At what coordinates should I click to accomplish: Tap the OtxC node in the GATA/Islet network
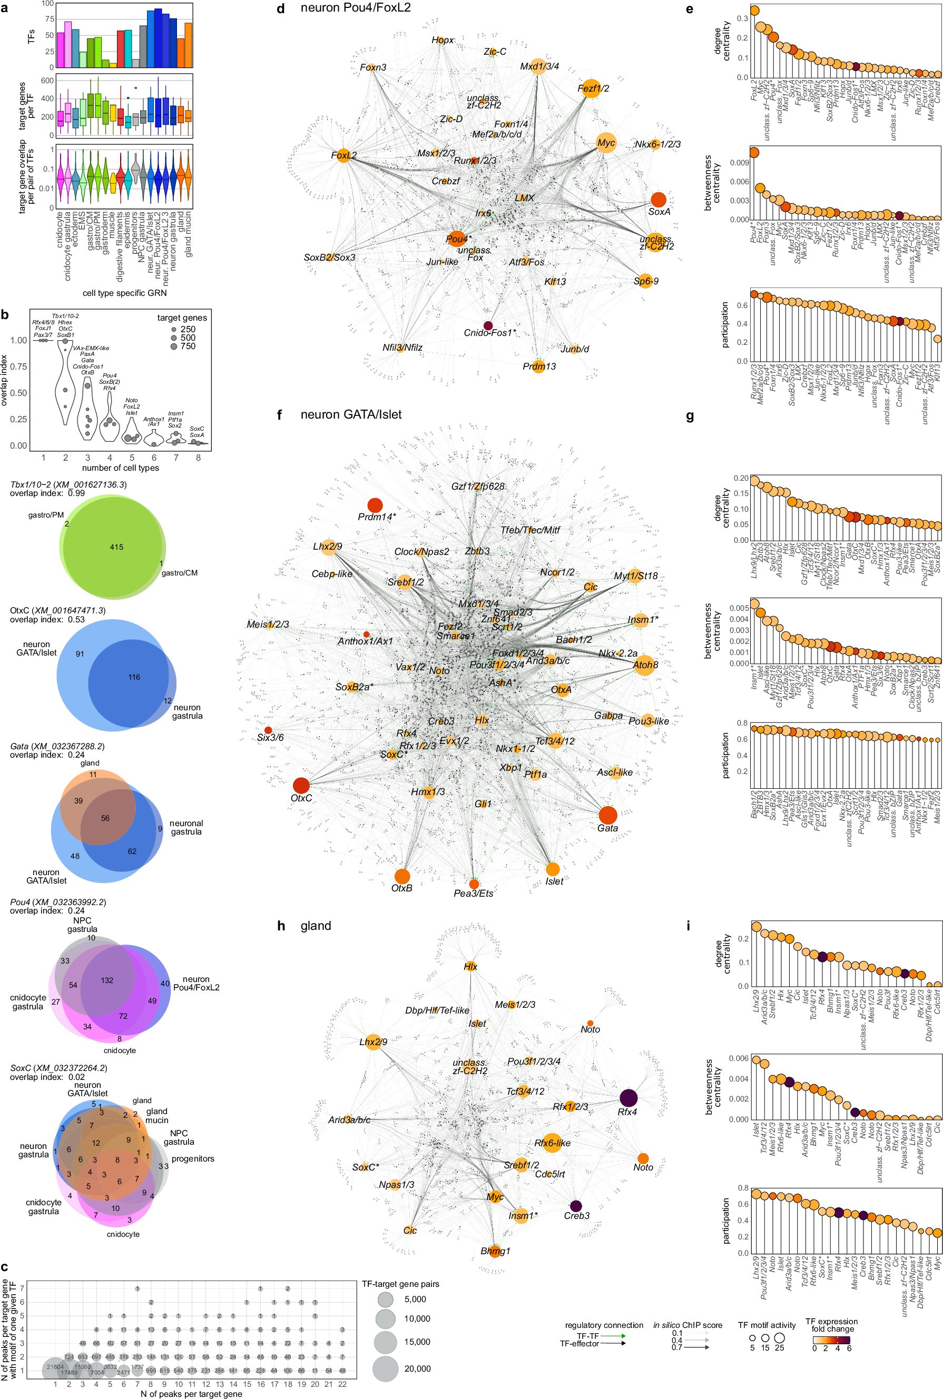point(301,785)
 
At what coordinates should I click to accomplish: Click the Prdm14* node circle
point(375,505)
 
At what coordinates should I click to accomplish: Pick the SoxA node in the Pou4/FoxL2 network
point(659,199)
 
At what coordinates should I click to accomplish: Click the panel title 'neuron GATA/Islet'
point(351,414)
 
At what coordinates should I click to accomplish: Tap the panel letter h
point(281,926)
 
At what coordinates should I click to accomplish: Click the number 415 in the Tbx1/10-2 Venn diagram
point(116,547)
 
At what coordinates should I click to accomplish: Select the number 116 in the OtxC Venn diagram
point(133,677)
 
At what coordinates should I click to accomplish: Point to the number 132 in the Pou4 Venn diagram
point(107,980)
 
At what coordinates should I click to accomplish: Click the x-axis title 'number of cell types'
point(120,468)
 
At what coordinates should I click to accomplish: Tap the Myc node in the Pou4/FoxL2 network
point(606,143)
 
